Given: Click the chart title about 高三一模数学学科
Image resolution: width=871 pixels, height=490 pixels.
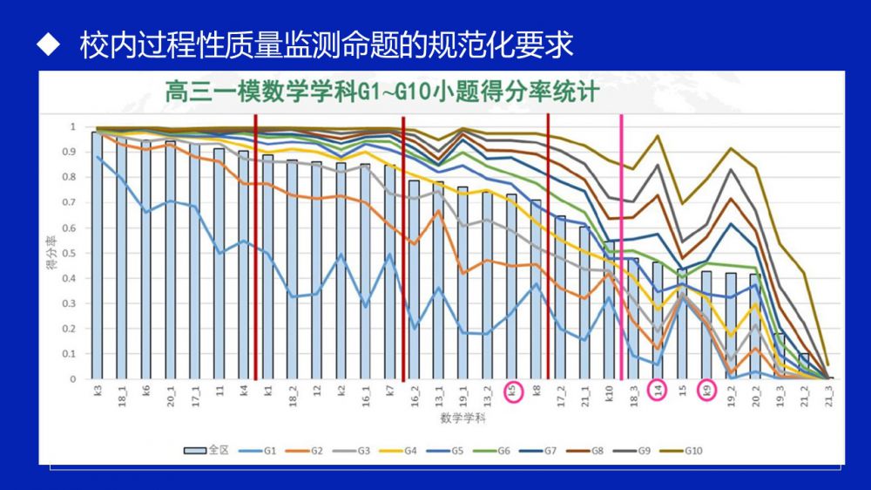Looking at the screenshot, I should (x=383, y=92).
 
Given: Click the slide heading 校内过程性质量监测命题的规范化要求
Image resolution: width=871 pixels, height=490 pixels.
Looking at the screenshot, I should (x=327, y=45).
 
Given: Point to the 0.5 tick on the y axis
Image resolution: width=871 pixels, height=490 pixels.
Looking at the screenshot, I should (x=72, y=253).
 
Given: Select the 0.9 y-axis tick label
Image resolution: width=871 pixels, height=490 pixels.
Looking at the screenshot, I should (x=72, y=152).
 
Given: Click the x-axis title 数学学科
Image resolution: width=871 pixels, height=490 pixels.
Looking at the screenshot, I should (x=463, y=419).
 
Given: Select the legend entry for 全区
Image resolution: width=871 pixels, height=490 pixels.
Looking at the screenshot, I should (x=206, y=450).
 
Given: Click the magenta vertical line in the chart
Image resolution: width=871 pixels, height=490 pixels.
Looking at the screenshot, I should (x=621, y=244).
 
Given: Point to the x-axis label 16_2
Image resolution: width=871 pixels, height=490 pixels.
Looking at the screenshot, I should (x=415, y=393).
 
